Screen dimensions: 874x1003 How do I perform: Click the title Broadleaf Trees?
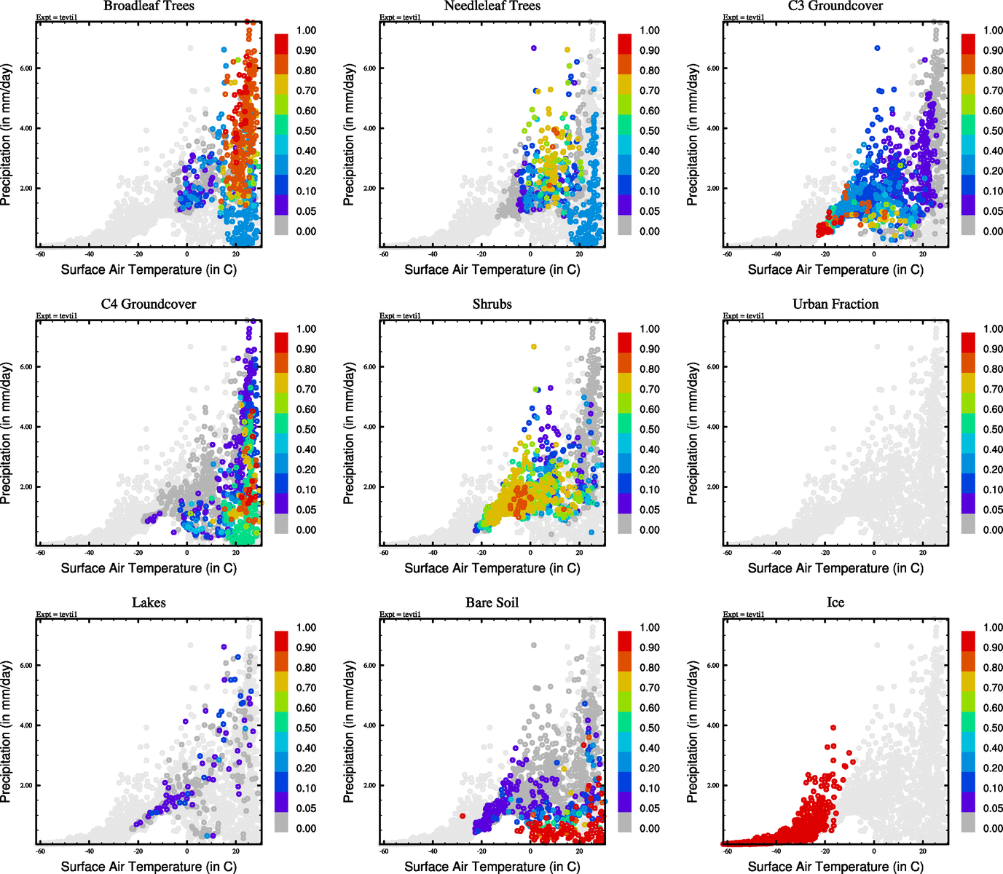[149, 6]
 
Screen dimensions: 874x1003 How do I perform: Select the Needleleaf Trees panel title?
[492, 6]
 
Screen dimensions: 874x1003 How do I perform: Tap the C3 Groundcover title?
[835, 6]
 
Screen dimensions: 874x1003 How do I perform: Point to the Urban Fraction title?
[835, 304]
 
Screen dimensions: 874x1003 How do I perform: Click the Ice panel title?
[835, 603]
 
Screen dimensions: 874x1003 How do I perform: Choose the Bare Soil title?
[492, 603]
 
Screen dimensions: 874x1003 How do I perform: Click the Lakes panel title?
[149, 603]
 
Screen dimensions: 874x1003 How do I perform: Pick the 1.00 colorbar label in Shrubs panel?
[650, 329]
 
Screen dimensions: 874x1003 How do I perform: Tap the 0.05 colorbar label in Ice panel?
[993, 808]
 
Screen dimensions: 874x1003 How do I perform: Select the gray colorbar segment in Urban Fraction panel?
[968, 524]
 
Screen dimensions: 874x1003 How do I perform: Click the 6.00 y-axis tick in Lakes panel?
[25, 666]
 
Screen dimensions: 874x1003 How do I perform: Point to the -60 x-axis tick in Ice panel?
[728, 851]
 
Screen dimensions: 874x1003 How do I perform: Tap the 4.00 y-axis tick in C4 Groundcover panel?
[25, 427]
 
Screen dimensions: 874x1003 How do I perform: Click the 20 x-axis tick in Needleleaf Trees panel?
[579, 253]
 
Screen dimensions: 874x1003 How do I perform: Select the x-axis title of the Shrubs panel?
[492, 568]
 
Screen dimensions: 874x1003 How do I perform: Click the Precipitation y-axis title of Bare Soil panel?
[349, 732]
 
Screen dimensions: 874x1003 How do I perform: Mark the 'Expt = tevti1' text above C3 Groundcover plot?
[744, 17]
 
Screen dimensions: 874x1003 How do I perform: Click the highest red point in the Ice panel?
[833, 727]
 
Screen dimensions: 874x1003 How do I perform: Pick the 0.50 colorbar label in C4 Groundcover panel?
[306, 430]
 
